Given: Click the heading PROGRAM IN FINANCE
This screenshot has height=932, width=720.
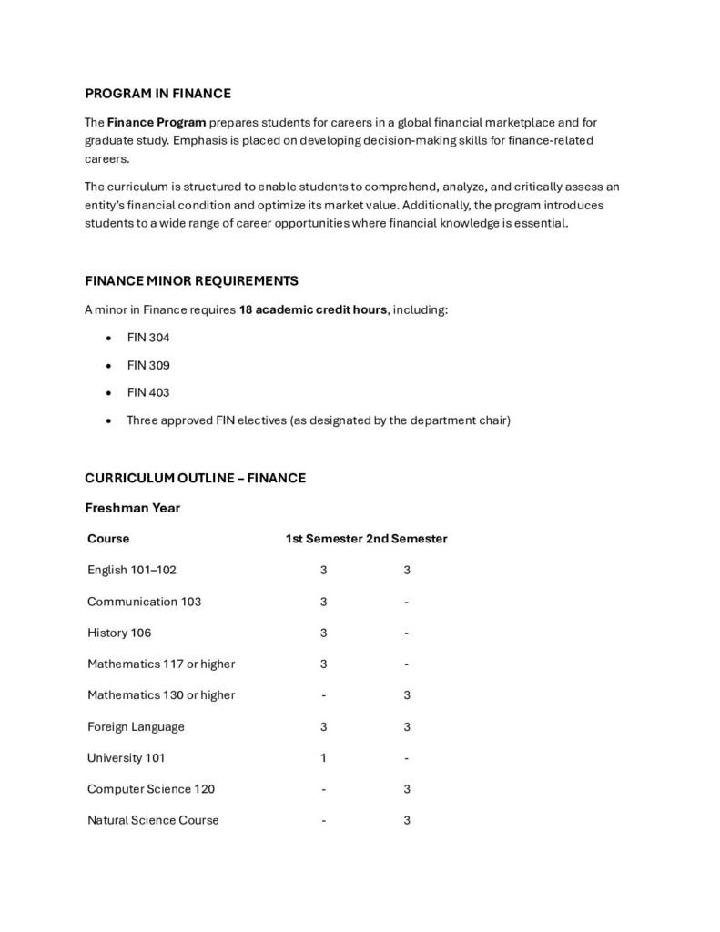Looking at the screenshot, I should tap(157, 93).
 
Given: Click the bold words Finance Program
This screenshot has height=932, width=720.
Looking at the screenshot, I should tap(157, 122).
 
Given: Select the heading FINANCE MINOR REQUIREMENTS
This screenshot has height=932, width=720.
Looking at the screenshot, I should tap(191, 280).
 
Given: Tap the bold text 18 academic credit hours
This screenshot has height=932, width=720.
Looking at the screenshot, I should tap(313, 309).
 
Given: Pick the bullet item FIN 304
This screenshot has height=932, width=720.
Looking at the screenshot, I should tap(148, 338).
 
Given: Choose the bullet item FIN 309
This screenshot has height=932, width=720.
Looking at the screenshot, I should tap(148, 365).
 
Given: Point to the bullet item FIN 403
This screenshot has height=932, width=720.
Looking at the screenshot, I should tap(148, 393).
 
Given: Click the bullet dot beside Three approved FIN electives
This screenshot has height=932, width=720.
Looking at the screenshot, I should tap(109, 421).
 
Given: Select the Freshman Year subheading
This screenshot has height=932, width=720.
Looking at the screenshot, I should tap(133, 508).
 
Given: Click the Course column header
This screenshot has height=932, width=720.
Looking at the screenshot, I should tap(108, 539).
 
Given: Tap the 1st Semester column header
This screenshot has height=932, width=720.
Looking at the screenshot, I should tap(324, 539).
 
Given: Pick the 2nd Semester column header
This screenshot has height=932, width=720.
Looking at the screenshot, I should tap(407, 539).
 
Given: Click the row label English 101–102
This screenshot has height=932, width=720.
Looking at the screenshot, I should tap(132, 570).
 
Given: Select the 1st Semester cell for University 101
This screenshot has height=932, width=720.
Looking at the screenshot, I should tap(323, 757).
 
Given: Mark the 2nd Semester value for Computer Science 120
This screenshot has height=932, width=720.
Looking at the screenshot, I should tap(407, 789).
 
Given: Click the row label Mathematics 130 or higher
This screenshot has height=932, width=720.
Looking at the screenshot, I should tap(161, 695).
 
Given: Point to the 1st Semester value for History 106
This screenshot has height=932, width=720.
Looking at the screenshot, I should tap(323, 633).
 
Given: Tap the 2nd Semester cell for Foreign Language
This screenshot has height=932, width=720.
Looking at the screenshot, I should tap(407, 726).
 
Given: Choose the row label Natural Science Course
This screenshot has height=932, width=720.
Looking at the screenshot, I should tap(153, 820).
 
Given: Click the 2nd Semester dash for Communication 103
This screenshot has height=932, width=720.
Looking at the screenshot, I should tap(407, 602).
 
